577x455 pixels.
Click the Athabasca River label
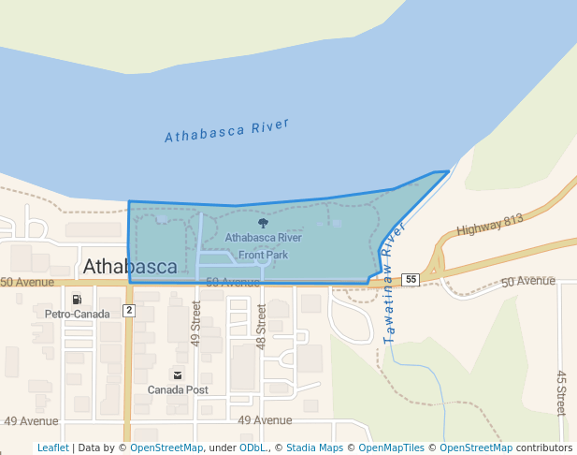227,130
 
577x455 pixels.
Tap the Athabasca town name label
130,267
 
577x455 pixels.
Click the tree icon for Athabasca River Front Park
263,224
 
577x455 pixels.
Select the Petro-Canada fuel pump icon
77,300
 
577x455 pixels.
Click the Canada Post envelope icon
177,374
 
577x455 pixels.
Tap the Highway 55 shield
411,279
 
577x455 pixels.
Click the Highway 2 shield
129,310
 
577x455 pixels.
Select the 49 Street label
196,323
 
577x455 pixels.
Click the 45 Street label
561,393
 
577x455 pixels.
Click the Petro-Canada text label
77,315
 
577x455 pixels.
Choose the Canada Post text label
177,389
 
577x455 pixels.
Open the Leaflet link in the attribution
52,448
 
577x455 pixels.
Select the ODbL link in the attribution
252,448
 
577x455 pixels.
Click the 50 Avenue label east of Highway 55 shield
528,281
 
